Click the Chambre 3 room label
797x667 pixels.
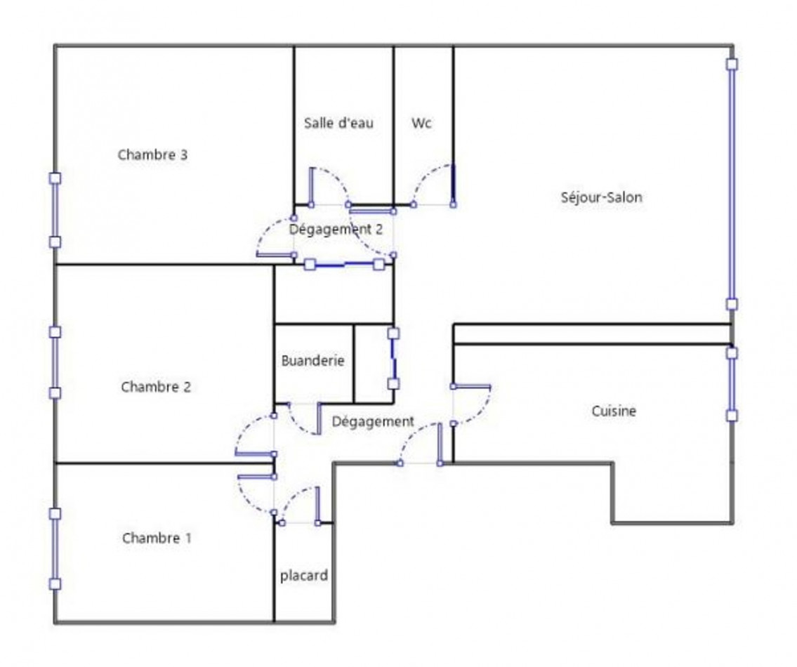coord(152,154)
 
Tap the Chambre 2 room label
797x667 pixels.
coord(156,387)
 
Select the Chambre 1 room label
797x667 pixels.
coord(157,538)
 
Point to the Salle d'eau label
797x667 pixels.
coord(338,123)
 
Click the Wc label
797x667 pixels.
coord(422,123)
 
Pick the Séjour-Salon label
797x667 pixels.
coord(601,197)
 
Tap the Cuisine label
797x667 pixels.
coord(614,411)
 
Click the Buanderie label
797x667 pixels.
coord(312,360)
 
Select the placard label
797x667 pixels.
coord(304,576)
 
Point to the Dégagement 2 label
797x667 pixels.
coord(336,230)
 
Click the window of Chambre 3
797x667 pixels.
coord(55,210)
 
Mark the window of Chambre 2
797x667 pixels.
coord(55,362)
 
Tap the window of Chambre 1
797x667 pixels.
coord(55,548)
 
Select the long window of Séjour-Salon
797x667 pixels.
coord(732,184)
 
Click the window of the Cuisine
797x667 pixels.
coord(732,384)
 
